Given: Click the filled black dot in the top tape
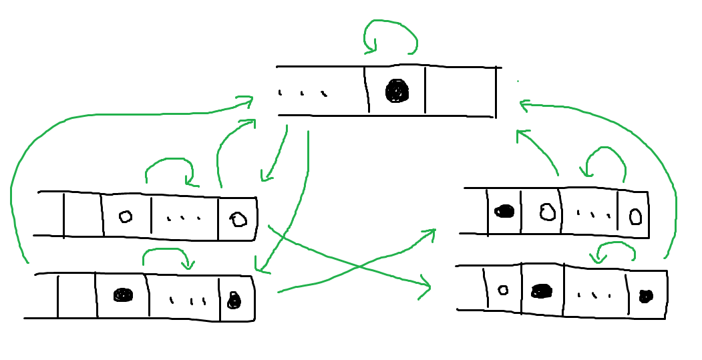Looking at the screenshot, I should pos(396,91).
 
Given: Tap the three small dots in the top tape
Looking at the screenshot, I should pos(303,93).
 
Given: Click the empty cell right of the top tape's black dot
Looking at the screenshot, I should pos(460,91).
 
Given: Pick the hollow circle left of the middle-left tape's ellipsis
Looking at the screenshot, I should pos(125,216).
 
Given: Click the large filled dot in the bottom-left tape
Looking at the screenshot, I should pos(122,295).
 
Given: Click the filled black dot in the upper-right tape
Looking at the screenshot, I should pos(504,212).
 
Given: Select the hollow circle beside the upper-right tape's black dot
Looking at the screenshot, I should pos(548,212).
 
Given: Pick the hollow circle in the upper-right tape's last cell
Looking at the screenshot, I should pos(636,217).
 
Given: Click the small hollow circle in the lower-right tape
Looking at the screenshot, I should pos(503,290).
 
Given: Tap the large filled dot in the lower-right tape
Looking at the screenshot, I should pos(542,291).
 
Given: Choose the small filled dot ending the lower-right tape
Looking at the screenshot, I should pos(645,296).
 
